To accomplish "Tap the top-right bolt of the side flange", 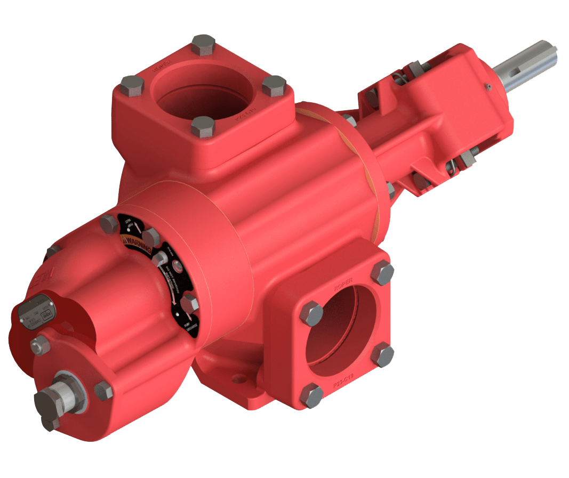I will [382, 273].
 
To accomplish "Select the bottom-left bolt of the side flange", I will [311, 396].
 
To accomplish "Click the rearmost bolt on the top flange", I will [203, 45].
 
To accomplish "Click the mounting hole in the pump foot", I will [234, 379].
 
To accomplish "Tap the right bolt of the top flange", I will [274, 85].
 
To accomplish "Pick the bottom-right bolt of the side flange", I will [383, 355].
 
